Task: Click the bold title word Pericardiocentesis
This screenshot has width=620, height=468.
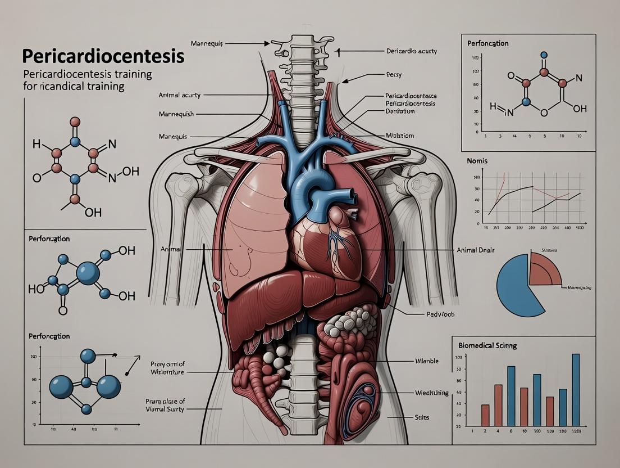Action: [103, 57]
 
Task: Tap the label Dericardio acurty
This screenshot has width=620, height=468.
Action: [411, 51]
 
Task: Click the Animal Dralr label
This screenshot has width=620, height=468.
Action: [475, 250]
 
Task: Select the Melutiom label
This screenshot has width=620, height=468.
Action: [400, 136]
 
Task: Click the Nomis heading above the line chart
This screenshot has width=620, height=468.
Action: [477, 161]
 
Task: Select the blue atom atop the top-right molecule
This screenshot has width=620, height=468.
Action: [543, 55]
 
